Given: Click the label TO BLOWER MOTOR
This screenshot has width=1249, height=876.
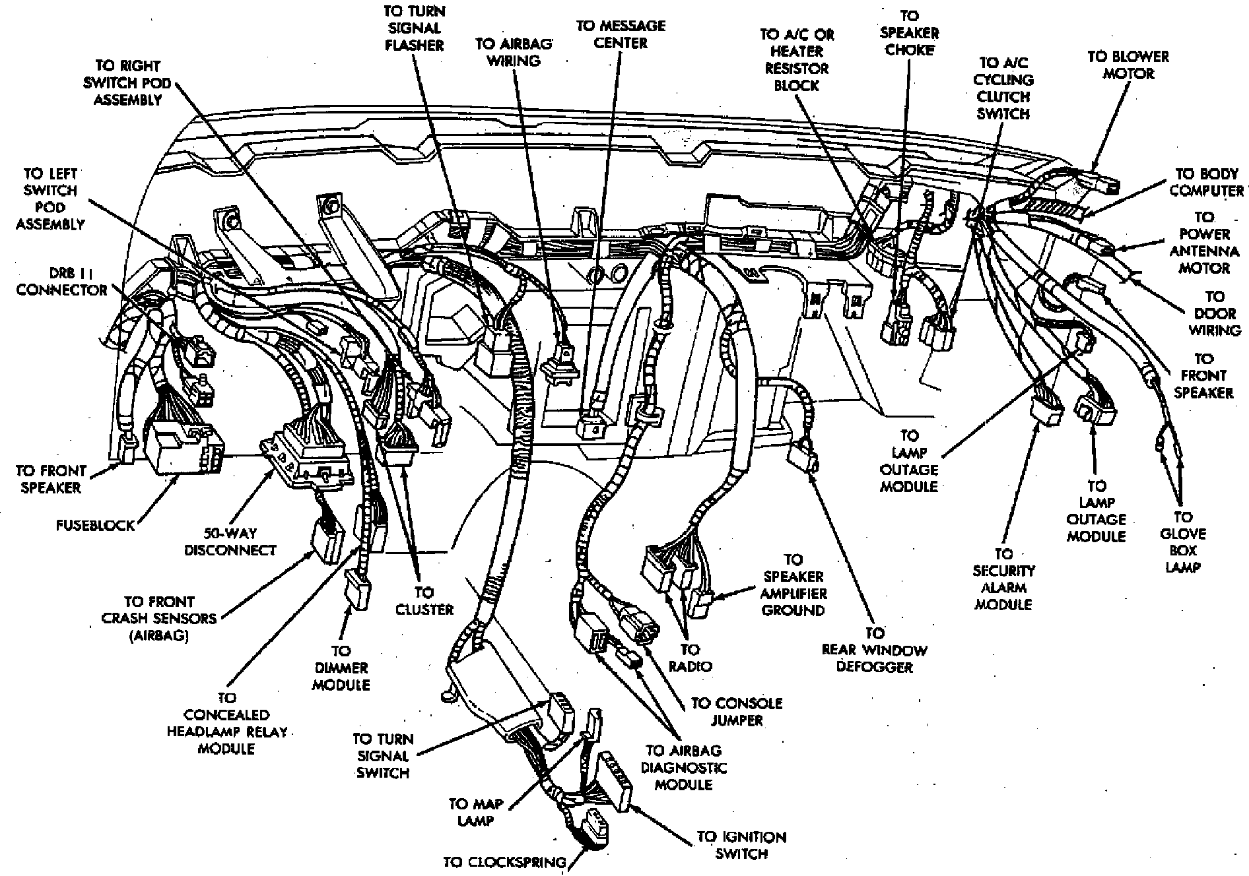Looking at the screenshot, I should pos(1128,65).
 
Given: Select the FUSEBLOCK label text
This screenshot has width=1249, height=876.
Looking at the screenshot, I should pos(94,526).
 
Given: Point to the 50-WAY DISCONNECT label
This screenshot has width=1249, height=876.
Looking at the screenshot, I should pos(230,542).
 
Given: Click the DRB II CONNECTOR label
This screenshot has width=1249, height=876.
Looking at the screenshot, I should pos(61,282).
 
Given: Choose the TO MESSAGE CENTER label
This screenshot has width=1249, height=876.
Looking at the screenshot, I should pos(621,34).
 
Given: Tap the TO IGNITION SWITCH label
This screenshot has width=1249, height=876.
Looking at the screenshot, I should pos(741,845).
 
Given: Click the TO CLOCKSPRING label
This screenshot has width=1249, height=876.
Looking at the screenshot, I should pos(504,862).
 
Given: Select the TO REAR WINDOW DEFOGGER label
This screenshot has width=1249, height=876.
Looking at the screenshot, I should pos(874,650).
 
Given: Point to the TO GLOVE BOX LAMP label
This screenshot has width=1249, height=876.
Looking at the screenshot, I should pos(1182,542).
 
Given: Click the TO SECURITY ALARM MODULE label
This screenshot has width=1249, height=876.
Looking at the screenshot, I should pos(1003,579).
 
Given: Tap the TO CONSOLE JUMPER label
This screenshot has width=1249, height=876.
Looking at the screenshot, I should pos(737,712).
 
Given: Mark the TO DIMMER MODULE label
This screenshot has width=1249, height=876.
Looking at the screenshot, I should pos(341,668).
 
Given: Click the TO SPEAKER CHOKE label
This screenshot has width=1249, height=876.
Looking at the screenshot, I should pos(909,33).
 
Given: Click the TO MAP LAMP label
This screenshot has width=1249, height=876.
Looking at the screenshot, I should pos(475,812).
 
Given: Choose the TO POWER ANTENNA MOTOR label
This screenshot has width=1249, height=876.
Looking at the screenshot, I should pos(1205,243).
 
